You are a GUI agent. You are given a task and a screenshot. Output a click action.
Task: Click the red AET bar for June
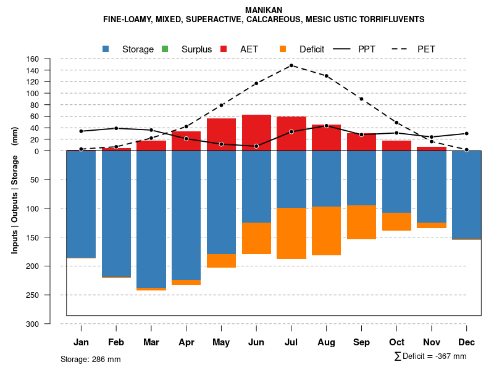pyautogui.click(x=256, y=133)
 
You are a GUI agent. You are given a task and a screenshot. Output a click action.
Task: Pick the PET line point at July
pyautogui.click(x=291, y=65)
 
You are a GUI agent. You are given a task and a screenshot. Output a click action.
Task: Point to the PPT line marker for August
pyautogui.click(x=327, y=126)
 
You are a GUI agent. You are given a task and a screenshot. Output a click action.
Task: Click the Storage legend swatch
pyautogui.click(x=106, y=49)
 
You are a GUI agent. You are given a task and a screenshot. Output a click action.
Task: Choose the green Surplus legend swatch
pyautogui.click(x=165, y=49)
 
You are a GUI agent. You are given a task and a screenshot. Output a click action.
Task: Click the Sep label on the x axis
pyautogui.click(x=362, y=342)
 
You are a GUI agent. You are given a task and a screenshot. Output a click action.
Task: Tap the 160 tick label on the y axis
pyautogui.click(x=33, y=59)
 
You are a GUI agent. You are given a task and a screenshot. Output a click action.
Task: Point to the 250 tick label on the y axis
pyautogui.click(x=33, y=295)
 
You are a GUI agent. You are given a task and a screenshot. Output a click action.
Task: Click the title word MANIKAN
pyautogui.click(x=264, y=10)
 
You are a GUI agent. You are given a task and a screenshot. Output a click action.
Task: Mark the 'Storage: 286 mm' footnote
pyautogui.click(x=90, y=359)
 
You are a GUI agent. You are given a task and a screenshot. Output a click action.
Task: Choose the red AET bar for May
pyautogui.click(x=221, y=134)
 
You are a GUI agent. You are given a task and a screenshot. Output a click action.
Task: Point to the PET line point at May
pyautogui.click(x=221, y=105)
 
